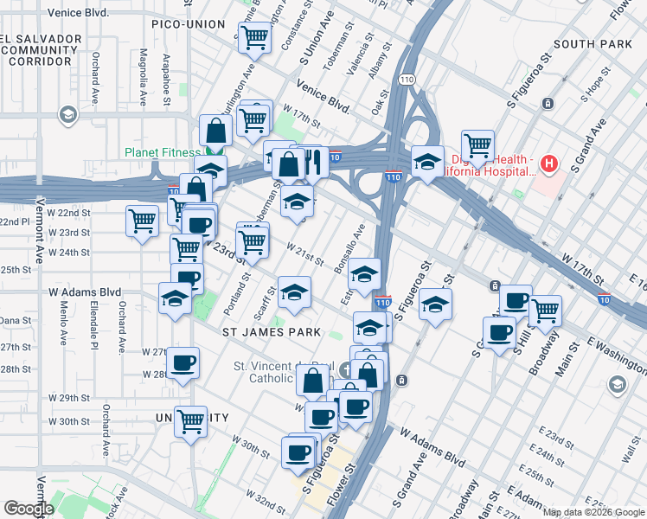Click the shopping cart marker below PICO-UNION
point(254,37)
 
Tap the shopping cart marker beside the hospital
point(477,144)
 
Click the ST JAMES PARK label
point(271,331)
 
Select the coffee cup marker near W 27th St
point(182,362)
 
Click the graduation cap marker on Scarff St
point(294,292)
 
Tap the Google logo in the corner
point(29,508)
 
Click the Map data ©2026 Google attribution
point(593,512)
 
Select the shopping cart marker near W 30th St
point(190,422)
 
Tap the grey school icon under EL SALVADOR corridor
point(67,115)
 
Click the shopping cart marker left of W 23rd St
point(142,221)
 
